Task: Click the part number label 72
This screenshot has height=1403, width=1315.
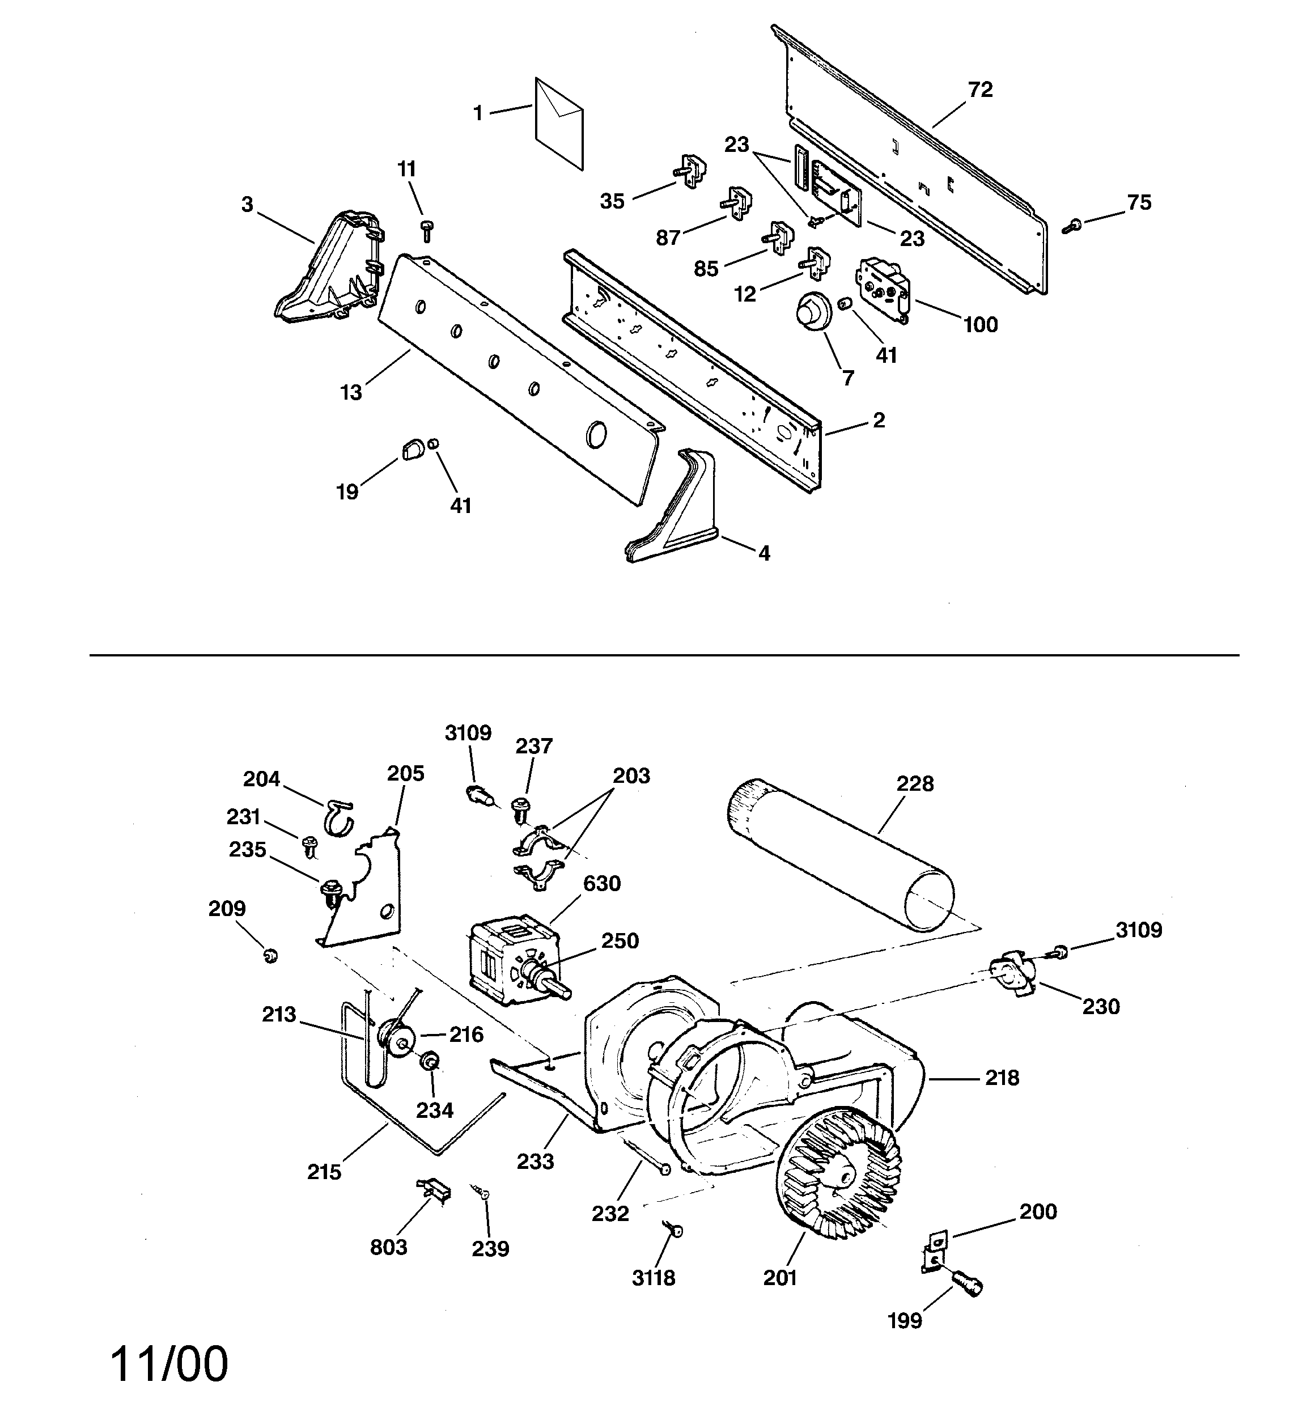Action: (x=979, y=90)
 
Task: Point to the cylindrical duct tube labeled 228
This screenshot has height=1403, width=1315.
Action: (x=840, y=855)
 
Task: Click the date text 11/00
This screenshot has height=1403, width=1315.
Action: (x=169, y=1363)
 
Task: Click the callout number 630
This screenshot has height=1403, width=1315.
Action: (x=601, y=884)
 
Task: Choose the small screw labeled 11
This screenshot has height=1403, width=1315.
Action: (x=426, y=230)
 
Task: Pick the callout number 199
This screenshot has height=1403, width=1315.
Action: (x=904, y=1320)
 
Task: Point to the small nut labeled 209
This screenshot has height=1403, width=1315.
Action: (x=270, y=956)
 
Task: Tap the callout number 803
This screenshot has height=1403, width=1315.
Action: (x=388, y=1247)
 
